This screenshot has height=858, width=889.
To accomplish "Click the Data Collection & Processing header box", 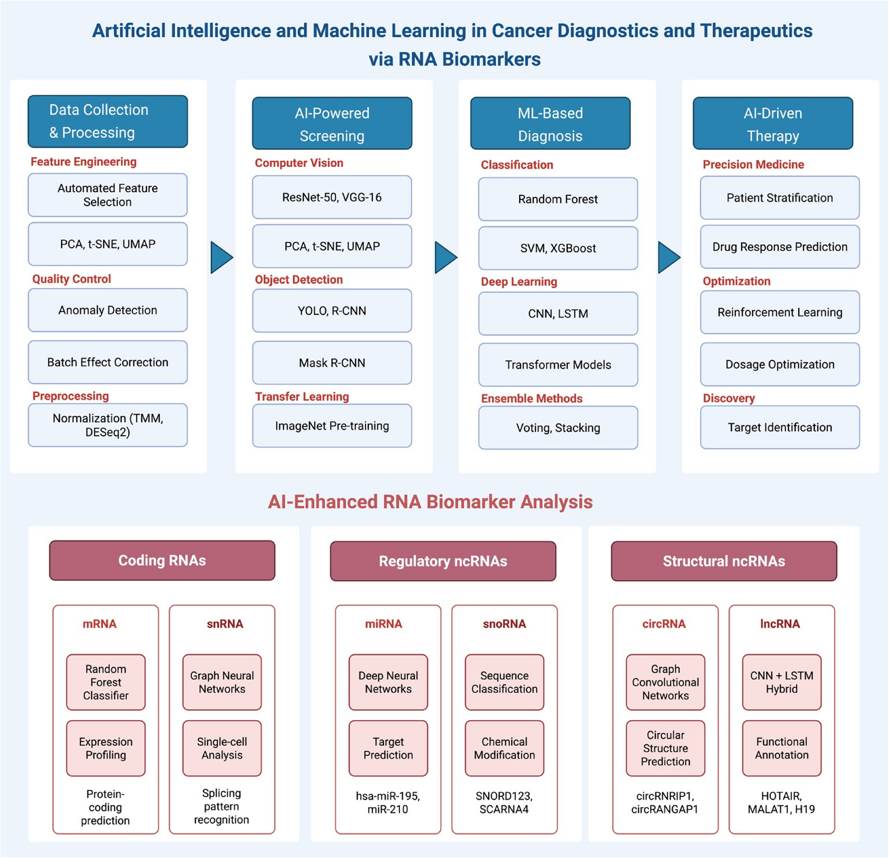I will coord(108,121).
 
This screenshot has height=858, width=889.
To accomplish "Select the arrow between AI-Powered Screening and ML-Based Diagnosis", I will coord(445,257).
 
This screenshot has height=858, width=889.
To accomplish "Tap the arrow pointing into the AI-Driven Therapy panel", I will coord(668,257).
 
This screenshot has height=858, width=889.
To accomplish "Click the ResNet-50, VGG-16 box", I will coord(332,197).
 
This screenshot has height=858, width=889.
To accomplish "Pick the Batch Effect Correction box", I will coord(108,362).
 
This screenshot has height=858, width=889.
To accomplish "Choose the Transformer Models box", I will coord(558,365).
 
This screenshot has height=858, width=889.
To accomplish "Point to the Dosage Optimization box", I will coord(779,364).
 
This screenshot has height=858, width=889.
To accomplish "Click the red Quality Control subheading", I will coord(72,279).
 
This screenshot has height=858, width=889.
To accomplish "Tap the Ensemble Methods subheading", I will coord(532,398).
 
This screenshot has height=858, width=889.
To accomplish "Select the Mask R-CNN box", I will coord(332,363).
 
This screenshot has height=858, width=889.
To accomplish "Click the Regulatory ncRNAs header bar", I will coord(443,561).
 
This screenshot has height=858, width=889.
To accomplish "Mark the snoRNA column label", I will coord(504,624).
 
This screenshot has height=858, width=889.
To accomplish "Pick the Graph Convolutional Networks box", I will coord(665,682).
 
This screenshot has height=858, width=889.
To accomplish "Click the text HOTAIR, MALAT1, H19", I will coord(781,802).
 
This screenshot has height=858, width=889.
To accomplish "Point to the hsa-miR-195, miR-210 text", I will coord(388,802).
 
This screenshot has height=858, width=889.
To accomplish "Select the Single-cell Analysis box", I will coord(222,748).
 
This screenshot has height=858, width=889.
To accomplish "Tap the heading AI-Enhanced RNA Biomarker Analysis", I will coord(430,502).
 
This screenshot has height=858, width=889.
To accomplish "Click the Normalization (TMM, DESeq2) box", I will coord(108,425).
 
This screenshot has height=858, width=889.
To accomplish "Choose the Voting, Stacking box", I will coord(558,428).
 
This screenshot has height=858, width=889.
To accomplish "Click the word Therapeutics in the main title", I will coord(756,31).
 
